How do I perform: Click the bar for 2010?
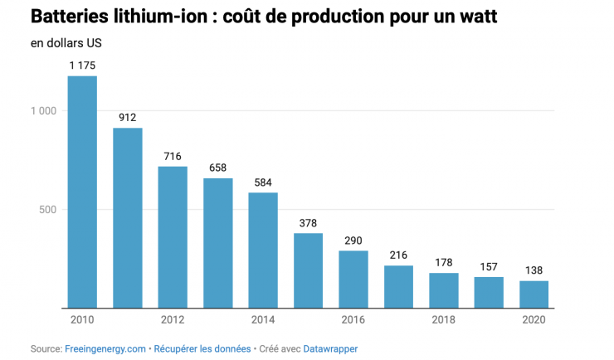[x=82, y=192]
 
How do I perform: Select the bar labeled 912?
[x=127, y=217]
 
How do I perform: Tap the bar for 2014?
[x=263, y=250]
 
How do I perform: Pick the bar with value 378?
[x=308, y=270]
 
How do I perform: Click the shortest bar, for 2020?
[x=534, y=294]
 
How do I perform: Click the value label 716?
[x=173, y=156]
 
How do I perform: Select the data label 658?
[x=217, y=168]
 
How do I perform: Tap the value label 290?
[x=353, y=241]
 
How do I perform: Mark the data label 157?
[x=489, y=267]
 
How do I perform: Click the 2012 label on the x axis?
[x=173, y=320]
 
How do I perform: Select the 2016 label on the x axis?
[x=353, y=320]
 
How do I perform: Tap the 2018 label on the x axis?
[x=444, y=320]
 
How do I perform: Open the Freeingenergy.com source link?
[x=105, y=349]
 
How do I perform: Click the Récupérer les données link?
[x=202, y=349]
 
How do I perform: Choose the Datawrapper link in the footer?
[x=329, y=349]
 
